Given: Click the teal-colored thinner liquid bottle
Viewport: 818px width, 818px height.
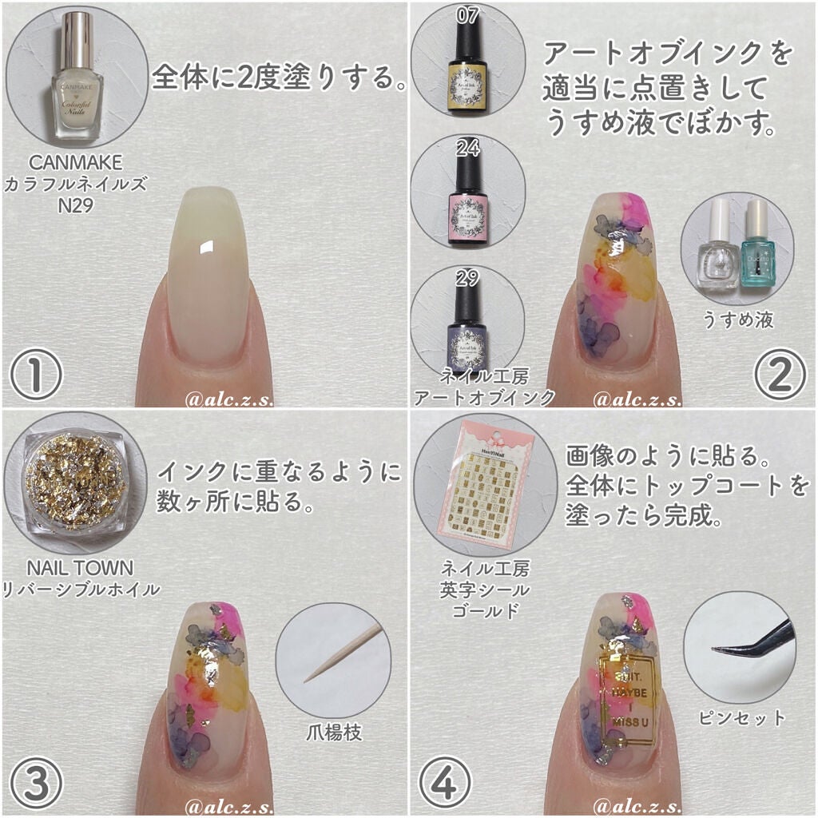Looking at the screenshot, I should click(754, 244).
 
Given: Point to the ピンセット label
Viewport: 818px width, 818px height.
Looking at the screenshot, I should click(741, 717).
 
